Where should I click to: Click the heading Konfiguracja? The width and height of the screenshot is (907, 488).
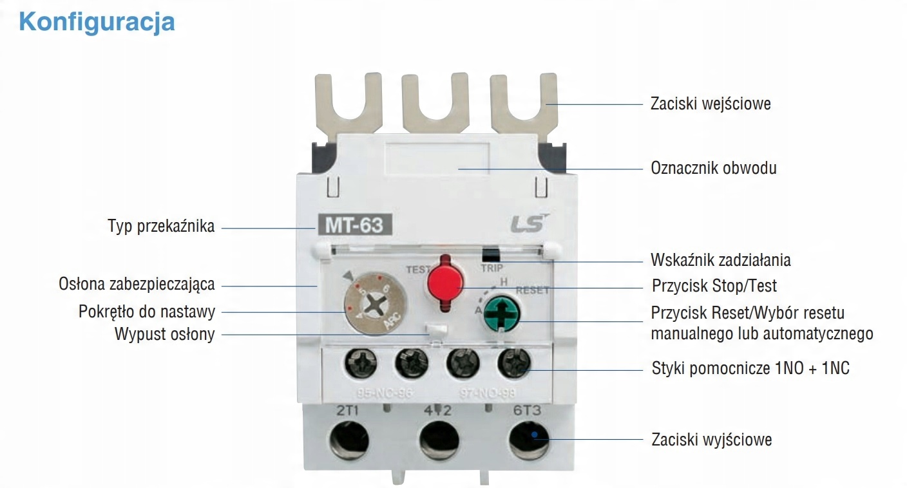97,22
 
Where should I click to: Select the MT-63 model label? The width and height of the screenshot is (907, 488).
353,227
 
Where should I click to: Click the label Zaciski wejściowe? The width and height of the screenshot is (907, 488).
711,104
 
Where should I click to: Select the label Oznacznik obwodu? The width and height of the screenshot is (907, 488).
714,168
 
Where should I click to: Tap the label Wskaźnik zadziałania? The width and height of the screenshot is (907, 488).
721,260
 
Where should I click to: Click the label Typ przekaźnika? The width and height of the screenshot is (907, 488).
161,227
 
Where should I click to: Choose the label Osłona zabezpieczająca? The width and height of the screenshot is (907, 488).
137,284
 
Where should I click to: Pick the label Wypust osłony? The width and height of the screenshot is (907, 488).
165,334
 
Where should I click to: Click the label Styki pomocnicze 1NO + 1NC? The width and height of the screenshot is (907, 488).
750,369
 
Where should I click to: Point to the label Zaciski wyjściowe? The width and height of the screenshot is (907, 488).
711,440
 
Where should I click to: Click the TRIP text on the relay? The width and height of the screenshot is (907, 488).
492,267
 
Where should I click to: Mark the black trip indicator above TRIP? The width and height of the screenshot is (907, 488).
491,253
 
